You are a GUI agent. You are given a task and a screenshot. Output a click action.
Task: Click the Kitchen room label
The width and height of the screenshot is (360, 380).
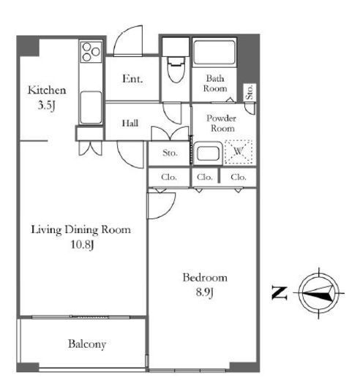coord(47,90)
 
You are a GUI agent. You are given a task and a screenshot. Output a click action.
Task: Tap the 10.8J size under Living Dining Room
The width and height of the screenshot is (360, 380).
coord(82,245)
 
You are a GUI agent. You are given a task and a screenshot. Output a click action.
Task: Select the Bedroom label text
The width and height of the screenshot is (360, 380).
coord(205,278)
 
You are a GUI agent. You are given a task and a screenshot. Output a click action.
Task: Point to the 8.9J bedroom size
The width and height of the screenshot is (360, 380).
coord(205,292)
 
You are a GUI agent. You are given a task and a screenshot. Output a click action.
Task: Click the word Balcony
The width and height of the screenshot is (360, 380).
coord(87,344)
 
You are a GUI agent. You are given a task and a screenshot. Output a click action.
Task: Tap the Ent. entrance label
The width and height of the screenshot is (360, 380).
coord(132,79)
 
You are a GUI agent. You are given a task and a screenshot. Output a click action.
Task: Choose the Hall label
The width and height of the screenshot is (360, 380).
coord(130,123)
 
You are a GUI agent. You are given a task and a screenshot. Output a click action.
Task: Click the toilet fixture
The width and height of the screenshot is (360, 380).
coord(176,69)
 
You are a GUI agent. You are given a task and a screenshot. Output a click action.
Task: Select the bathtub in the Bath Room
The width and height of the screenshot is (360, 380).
coord(214,52)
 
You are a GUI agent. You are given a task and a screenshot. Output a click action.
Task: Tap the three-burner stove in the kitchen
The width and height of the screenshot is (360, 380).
coord(91,52)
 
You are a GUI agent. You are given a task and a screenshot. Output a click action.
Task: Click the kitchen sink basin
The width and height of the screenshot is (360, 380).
coord(91,107)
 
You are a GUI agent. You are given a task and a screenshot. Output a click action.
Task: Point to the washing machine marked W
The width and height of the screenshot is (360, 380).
coord(239,152)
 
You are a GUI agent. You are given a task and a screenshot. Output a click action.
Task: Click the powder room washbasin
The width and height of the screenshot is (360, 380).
coord(208,153)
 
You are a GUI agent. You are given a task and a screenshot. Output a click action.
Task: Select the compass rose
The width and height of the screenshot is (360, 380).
coord(319,293)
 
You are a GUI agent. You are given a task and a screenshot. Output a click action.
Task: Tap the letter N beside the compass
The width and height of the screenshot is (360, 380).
coord(280,293)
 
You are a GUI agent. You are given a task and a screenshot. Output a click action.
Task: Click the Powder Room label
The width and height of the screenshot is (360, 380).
coord(222,123)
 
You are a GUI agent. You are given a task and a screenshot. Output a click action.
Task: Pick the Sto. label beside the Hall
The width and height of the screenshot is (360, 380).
coord(170,153)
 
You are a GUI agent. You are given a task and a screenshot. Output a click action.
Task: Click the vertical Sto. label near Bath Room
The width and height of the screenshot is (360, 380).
coord(250,92)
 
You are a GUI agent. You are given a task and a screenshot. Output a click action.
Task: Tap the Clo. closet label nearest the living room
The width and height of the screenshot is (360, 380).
coord(169,177)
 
